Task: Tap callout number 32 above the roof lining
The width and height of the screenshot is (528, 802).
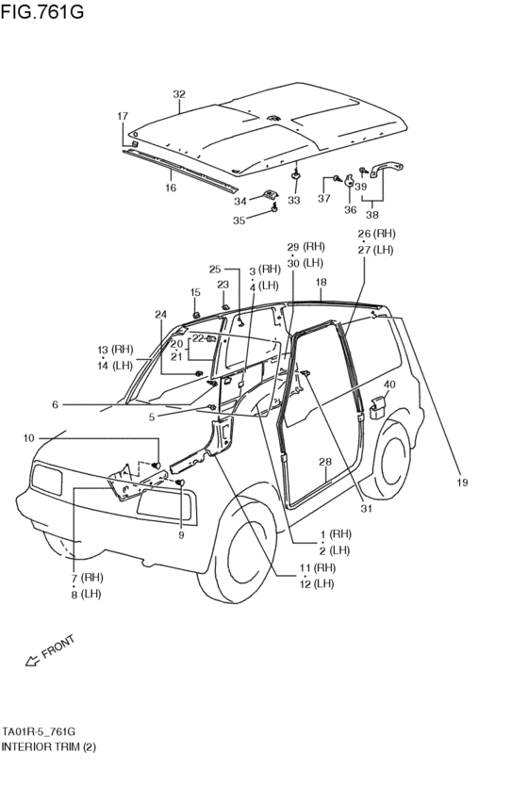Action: pos(179,94)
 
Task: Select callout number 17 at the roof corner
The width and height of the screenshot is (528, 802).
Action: pos(122,116)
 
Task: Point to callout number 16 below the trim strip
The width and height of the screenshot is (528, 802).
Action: pos(171,188)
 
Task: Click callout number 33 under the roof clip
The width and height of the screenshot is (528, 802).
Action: pos(294,201)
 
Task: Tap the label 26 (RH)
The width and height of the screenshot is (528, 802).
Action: pos(376,234)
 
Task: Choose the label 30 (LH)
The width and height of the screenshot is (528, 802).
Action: pos(305,263)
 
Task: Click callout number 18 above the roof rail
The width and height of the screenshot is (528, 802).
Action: pos(321,282)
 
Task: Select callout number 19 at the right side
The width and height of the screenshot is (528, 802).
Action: pos(462,483)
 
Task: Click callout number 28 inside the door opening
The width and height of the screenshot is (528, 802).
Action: pos(324,462)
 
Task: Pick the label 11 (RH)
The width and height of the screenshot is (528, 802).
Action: pos(318,567)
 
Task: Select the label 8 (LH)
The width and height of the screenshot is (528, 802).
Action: pos(86,594)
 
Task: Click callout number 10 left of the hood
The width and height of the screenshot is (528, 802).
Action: pos(28,438)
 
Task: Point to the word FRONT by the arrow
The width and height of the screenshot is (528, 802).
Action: pos(58,647)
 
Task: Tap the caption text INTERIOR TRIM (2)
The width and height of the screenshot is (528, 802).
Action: pos(48,746)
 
